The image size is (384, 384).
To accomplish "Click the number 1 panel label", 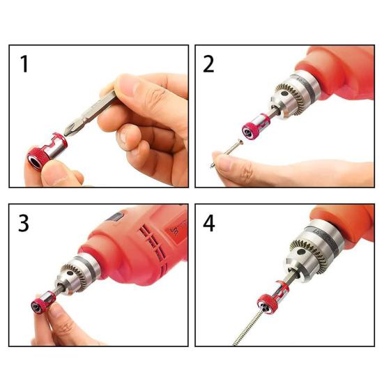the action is click(x=24, y=64).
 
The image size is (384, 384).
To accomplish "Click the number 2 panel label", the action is click(x=208, y=64).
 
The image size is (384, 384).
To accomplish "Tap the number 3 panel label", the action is click(x=24, y=223).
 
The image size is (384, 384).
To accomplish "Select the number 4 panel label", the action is click(x=209, y=223).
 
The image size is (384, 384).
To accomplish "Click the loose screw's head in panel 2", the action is click(x=240, y=141).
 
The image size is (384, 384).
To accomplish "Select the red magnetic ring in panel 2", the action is click(x=255, y=127).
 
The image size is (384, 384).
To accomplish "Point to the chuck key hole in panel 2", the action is click(x=284, y=93).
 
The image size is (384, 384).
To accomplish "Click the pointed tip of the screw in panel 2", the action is click(x=211, y=167).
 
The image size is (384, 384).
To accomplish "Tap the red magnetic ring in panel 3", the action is click(x=43, y=302).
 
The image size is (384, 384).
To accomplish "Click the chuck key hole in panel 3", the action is click(x=70, y=272).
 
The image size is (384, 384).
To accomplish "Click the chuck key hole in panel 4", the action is click(x=300, y=252).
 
